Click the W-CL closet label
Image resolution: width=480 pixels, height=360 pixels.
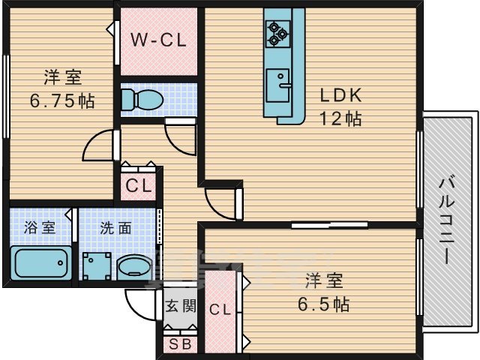pyautogui.click(x=160, y=40)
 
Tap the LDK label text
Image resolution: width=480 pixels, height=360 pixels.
pyautogui.click(x=341, y=96)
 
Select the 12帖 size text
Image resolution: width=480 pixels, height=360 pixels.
pyautogui.click(x=341, y=118)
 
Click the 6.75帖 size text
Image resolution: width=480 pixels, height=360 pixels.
pyautogui.click(x=61, y=101)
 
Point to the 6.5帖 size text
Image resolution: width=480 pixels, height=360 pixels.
pyautogui.click(x=323, y=304)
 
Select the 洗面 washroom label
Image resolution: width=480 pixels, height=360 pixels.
pyautogui.click(x=116, y=227)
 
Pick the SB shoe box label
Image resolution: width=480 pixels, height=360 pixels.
pyautogui.click(x=180, y=345)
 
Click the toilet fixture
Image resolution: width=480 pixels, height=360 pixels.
pyautogui.click(x=139, y=99)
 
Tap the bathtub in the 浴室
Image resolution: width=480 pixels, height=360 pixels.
pyautogui.click(x=41, y=263)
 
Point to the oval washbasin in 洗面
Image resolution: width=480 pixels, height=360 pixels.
pyautogui.click(x=135, y=265)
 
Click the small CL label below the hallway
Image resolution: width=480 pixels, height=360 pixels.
pyautogui.click(x=138, y=186)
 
